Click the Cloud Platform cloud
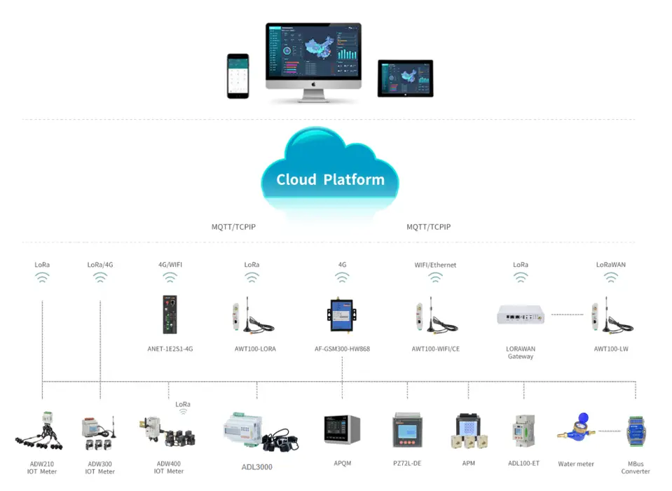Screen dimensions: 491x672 click(329, 172)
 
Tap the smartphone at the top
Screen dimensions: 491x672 click(238, 76)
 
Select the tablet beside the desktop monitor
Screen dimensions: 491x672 click(406, 78)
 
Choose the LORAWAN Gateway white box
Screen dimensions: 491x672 click(520, 314)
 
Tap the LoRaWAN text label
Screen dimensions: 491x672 click(611, 265)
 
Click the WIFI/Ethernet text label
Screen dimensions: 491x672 click(435, 265)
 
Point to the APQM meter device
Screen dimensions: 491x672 click(342, 429)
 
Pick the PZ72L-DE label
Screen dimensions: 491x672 click(406, 464)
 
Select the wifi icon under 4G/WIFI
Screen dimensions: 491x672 click(170, 278)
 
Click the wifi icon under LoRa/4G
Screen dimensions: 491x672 click(100, 278)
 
